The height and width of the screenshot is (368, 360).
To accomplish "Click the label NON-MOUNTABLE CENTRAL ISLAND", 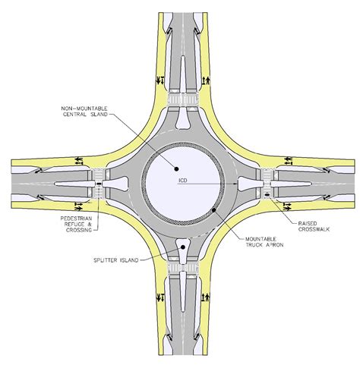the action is tap(84, 112).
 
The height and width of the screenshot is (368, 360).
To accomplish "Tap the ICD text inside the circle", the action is tap(183, 181).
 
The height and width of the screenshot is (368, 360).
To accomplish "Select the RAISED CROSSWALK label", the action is tap(314, 226).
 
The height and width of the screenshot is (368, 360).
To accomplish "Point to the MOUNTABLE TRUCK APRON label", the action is tap(264, 242).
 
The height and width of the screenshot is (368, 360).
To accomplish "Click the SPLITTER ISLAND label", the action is tap(116, 260).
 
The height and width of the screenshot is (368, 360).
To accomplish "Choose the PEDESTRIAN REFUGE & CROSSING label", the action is tap(76, 224).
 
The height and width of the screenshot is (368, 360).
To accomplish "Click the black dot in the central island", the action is tap(176, 168).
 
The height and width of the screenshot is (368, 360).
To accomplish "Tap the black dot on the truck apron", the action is tap(214, 209).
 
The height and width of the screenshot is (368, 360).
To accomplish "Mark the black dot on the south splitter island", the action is tap(183, 247).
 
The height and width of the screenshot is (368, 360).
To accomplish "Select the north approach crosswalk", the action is tap(183, 99).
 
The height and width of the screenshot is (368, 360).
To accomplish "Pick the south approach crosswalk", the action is tap(183, 268).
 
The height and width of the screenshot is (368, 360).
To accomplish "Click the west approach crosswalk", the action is tap(98, 184).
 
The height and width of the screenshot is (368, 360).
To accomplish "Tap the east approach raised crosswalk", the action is tap(267, 184).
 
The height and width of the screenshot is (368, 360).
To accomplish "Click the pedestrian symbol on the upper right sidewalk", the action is tap(208, 80).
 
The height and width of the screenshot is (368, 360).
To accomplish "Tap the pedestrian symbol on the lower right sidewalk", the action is tap(207, 297).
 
